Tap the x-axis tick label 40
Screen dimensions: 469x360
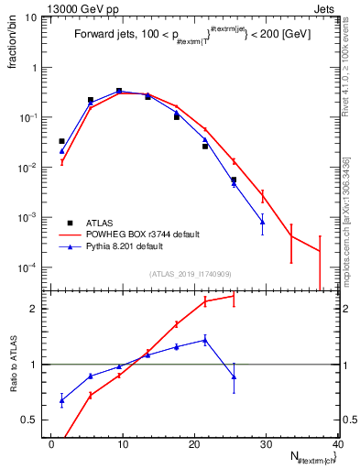[x=337, y=444]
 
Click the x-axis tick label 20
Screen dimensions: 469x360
[x=194, y=444]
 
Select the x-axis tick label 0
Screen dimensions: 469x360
[x=51, y=444]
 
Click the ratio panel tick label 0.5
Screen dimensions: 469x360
[x=33, y=420]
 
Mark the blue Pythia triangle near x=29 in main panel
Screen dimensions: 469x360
[x=263, y=222]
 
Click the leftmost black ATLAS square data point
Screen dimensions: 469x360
[x=62, y=141]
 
